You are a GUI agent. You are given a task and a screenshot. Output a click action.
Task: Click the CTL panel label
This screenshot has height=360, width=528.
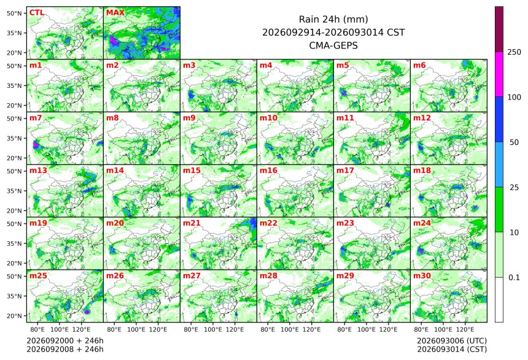point(37,13)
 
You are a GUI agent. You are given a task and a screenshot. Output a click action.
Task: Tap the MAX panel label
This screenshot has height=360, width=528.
point(115,13)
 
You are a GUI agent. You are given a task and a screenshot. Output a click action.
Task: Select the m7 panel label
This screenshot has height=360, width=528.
point(36,117)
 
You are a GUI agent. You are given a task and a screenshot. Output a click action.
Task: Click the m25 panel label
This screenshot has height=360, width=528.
point(39,275)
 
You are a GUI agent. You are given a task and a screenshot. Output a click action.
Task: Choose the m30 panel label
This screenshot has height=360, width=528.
point(422,275)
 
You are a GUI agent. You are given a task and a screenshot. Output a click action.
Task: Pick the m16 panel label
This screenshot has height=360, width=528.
point(268,170)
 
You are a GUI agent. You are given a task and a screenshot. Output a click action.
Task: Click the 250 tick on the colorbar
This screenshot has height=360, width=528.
point(514,52)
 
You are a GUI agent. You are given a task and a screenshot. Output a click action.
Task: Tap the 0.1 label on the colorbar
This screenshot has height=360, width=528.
point(514,278)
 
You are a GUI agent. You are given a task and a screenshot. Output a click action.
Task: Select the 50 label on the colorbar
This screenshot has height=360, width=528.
point(514,143)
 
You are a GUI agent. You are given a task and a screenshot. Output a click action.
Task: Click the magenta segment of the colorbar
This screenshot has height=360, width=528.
point(499,74)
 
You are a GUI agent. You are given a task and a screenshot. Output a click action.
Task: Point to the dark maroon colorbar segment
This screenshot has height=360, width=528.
point(499,29)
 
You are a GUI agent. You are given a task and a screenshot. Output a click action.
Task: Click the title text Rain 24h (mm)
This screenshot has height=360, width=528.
point(333,19)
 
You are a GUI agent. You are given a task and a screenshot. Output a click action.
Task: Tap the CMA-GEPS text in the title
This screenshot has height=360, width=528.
point(333,45)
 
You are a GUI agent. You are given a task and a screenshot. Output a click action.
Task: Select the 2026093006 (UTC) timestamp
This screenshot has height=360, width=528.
point(452,341)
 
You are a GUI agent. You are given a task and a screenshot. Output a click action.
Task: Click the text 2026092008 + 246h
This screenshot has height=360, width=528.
point(65,349)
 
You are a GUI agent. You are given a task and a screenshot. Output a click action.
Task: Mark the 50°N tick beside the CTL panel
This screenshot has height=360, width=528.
point(15,13)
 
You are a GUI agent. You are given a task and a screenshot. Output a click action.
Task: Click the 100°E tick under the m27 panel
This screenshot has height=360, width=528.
point(213,329)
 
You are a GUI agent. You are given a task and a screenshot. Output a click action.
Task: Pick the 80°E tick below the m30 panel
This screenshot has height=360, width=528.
point(421,329)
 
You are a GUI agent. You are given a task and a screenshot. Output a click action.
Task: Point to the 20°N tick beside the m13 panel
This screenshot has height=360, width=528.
point(15,211)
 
